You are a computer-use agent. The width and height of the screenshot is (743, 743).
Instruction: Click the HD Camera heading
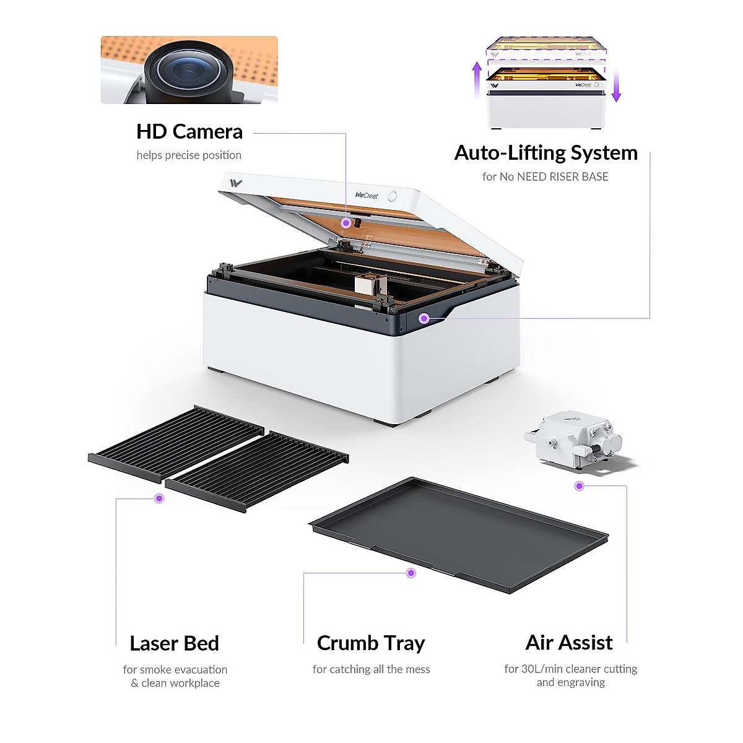click(189, 131)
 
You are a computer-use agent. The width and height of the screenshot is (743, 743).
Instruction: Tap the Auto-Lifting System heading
click(545, 152)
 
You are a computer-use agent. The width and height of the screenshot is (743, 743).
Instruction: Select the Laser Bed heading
click(174, 643)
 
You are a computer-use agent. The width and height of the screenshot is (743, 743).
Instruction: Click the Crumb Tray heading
click(371, 643)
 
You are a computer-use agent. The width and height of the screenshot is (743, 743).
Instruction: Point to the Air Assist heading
click(569, 643)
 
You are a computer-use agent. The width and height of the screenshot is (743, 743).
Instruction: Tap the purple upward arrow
click(477, 78)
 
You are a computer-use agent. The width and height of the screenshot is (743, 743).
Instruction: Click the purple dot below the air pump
click(579, 486)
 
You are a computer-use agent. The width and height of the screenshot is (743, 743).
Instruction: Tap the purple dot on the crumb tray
click(411, 573)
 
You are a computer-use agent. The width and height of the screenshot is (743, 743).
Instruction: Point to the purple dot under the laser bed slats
click(159, 498)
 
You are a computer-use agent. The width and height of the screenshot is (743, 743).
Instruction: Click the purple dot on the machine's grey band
click(424, 318)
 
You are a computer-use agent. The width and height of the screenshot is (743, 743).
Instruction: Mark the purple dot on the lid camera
click(346, 222)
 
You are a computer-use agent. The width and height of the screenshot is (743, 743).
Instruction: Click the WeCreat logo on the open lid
click(367, 196)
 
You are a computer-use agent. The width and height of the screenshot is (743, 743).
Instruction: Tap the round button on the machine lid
click(393, 196)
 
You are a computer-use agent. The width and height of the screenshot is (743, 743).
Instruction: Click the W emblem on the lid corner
click(236, 183)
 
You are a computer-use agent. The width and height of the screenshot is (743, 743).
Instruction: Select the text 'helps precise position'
click(189, 155)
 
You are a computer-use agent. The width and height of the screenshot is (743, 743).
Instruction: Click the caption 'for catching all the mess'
click(371, 669)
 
